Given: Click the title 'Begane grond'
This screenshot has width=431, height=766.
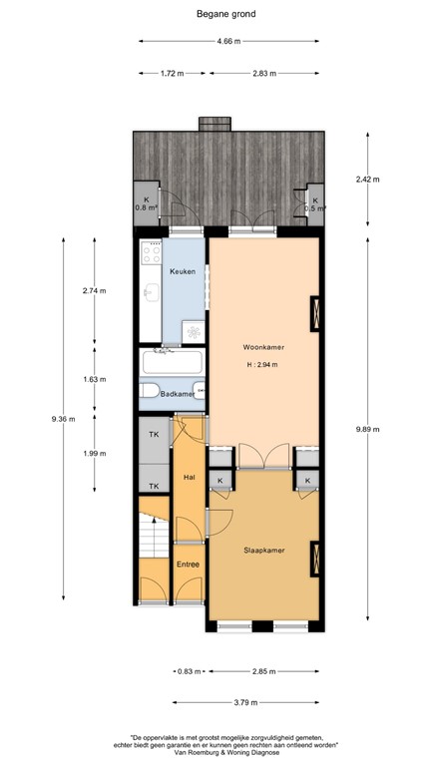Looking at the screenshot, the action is tap(225, 14).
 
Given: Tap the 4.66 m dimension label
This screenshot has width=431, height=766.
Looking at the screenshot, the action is tap(228, 42).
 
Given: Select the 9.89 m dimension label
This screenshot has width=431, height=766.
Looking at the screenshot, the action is tap(368, 430).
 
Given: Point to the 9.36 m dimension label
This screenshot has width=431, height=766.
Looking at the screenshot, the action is tap(63, 419).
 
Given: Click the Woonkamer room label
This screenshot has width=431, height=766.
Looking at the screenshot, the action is tap(263, 347).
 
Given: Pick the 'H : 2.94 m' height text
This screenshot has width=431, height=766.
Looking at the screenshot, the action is tap(263, 364).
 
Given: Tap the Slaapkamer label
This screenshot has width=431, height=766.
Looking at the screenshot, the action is tap(264, 551).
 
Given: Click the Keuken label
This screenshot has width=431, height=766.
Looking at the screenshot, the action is tap(183, 271).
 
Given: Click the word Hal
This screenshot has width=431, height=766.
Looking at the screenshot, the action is tap(189, 477).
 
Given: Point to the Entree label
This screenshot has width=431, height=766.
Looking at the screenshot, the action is tap(189, 565).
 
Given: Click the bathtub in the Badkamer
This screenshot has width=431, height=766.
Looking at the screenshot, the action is tap(172, 362).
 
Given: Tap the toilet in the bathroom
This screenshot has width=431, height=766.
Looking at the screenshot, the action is tap(149, 390).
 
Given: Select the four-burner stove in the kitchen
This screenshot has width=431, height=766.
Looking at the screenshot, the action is tap(151, 253).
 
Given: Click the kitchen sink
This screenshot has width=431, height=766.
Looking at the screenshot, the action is tap(152, 292).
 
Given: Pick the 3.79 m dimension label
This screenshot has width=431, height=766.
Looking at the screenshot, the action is tap(245, 703).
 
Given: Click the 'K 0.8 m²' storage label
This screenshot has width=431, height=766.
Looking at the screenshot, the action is tap(146, 203).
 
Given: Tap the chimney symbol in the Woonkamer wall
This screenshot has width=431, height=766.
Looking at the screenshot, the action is tap(315, 313).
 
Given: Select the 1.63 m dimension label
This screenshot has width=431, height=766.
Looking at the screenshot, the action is tap(95, 379).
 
